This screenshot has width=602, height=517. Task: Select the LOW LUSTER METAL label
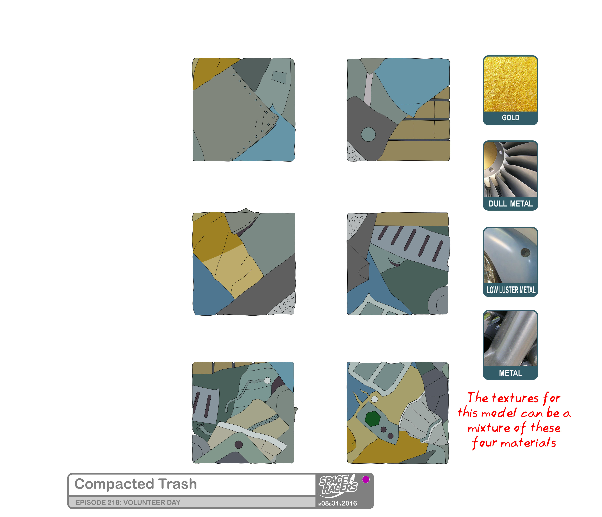pyautogui.click(x=511, y=290)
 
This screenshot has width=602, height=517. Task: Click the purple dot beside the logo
pyautogui.click(x=366, y=479)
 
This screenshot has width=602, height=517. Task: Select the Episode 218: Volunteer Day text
pyautogui.click(x=128, y=502)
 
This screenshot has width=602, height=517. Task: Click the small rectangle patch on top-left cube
pyautogui.click(x=279, y=78)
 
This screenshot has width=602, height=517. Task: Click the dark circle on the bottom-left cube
pyautogui.click(x=239, y=444)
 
